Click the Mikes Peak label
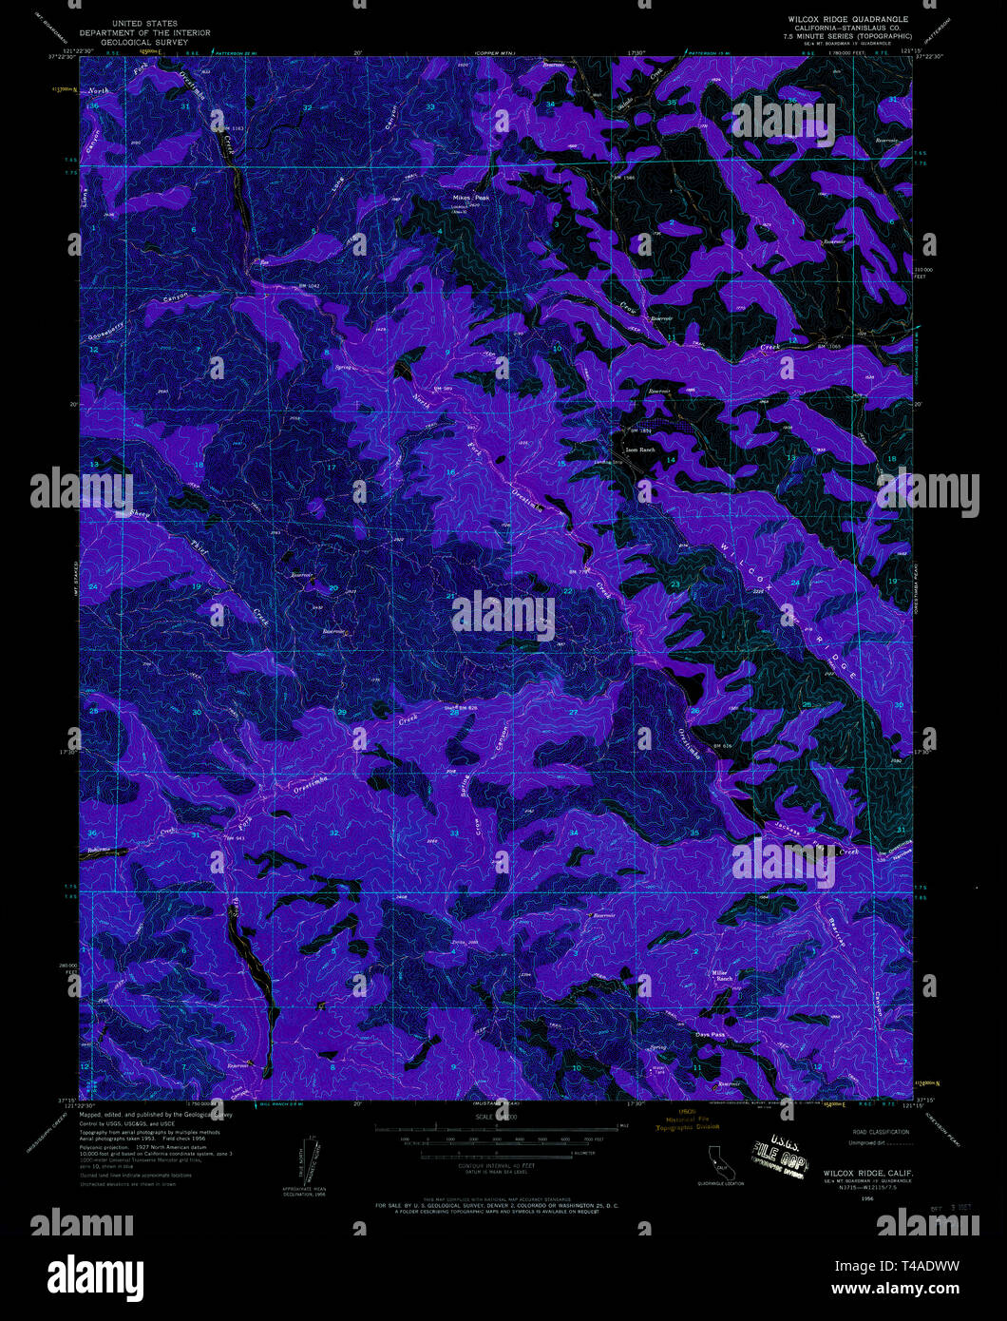[x=470, y=199]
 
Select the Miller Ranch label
[x=725, y=975]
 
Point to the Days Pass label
[x=710, y=1035]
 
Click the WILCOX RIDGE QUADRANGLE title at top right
[x=846, y=19]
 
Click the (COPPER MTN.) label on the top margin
[x=500, y=51]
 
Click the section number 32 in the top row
[x=307, y=107]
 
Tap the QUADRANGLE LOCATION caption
[x=720, y=1183]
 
